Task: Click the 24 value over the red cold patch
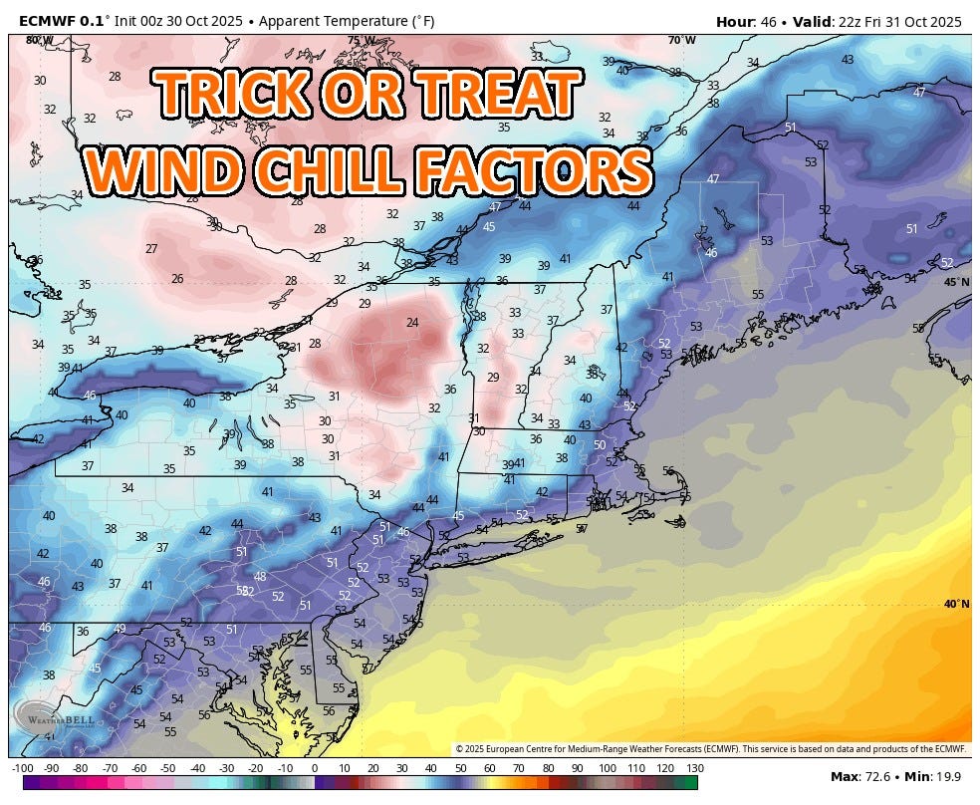click(x=412, y=322)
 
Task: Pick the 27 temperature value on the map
click(x=151, y=249)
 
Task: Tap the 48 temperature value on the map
click(x=260, y=576)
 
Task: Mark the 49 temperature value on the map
click(x=120, y=628)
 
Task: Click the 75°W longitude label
click(x=362, y=41)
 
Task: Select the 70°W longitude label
click(x=682, y=41)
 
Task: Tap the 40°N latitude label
click(x=956, y=604)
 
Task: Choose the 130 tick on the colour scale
click(x=694, y=768)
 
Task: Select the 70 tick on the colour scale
click(x=519, y=768)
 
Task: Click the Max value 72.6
click(x=878, y=776)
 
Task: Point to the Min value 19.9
click(x=952, y=776)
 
